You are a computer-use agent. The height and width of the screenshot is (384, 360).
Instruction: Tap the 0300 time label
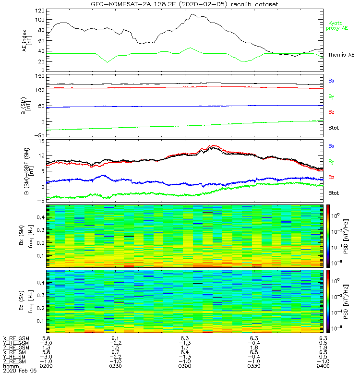click(185, 366)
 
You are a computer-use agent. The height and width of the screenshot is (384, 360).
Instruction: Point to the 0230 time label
click(116, 366)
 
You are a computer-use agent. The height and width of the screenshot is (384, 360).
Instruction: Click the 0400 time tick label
click(323, 366)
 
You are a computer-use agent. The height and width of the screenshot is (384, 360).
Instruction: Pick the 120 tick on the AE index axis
click(39, 10)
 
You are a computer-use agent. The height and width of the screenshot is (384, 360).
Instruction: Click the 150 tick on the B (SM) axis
click(39, 76)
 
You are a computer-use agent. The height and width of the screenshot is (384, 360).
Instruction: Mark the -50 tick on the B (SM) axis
click(38, 136)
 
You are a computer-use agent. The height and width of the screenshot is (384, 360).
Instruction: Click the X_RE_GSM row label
click(15, 338)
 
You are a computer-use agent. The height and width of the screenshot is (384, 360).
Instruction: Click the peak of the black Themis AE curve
click(192, 14)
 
